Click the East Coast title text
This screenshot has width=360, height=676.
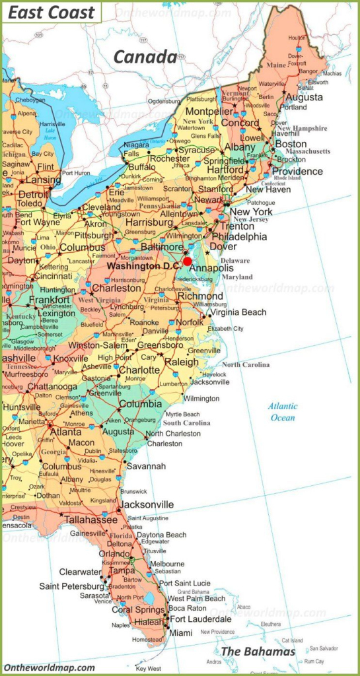pyautogui.click(x=52, y=12)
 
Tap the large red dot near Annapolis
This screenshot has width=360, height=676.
pyautogui.click(x=188, y=261)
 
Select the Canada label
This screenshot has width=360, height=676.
pyautogui.click(x=145, y=57)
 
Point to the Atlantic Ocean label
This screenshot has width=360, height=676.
pyautogui.click(x=283, y=412)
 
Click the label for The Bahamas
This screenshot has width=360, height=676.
pyautogui.click(x=258, y=652)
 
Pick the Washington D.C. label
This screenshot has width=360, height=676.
pyautogui.click(x=143, y=265)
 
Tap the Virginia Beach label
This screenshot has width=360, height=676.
pyautogui.click(x=238, y=312)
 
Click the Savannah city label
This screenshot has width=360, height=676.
pyautogui.click(x=147, y=466)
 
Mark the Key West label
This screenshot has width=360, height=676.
pyautogui.click(x=148, y=668)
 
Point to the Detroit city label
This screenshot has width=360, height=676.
pyautogui.click(x=33, y=195)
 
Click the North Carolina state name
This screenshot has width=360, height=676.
pyautogui.click(x=246, y=364)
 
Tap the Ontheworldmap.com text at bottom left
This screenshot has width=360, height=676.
pyautogui.click(x=49, y=667)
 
